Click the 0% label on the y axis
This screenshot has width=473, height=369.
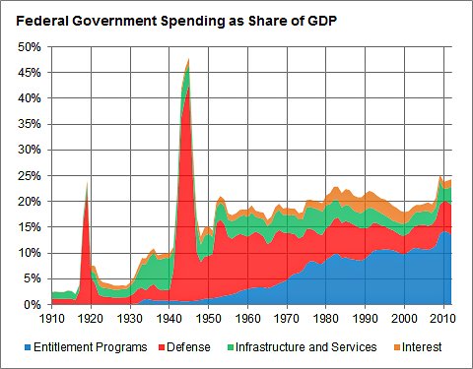pyautogui.click(x=32, y=305)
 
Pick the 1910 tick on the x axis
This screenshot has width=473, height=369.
pyautogui.click(x=51, y=319)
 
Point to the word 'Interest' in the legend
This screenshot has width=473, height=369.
pyautogui.click(x=422, y=347)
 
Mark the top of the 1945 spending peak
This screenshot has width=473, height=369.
pyautogui.click(x=188, y=61)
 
